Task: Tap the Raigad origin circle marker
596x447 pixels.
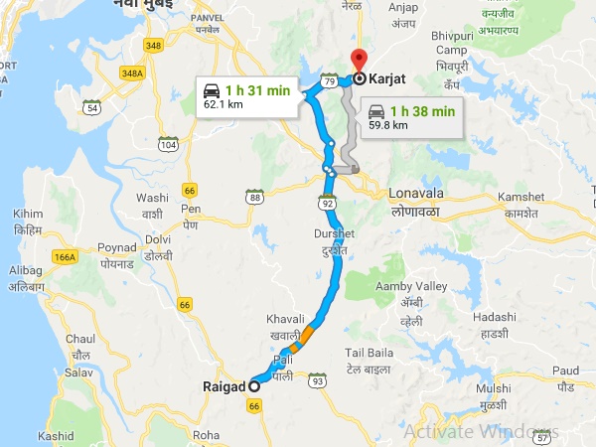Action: coord(254,385)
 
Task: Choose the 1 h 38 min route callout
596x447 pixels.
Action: coord(408,117)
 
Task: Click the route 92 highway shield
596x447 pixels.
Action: coord(326,204)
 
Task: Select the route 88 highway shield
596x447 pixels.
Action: coord(255,197)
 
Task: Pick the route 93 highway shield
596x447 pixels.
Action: coord(317,380)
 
